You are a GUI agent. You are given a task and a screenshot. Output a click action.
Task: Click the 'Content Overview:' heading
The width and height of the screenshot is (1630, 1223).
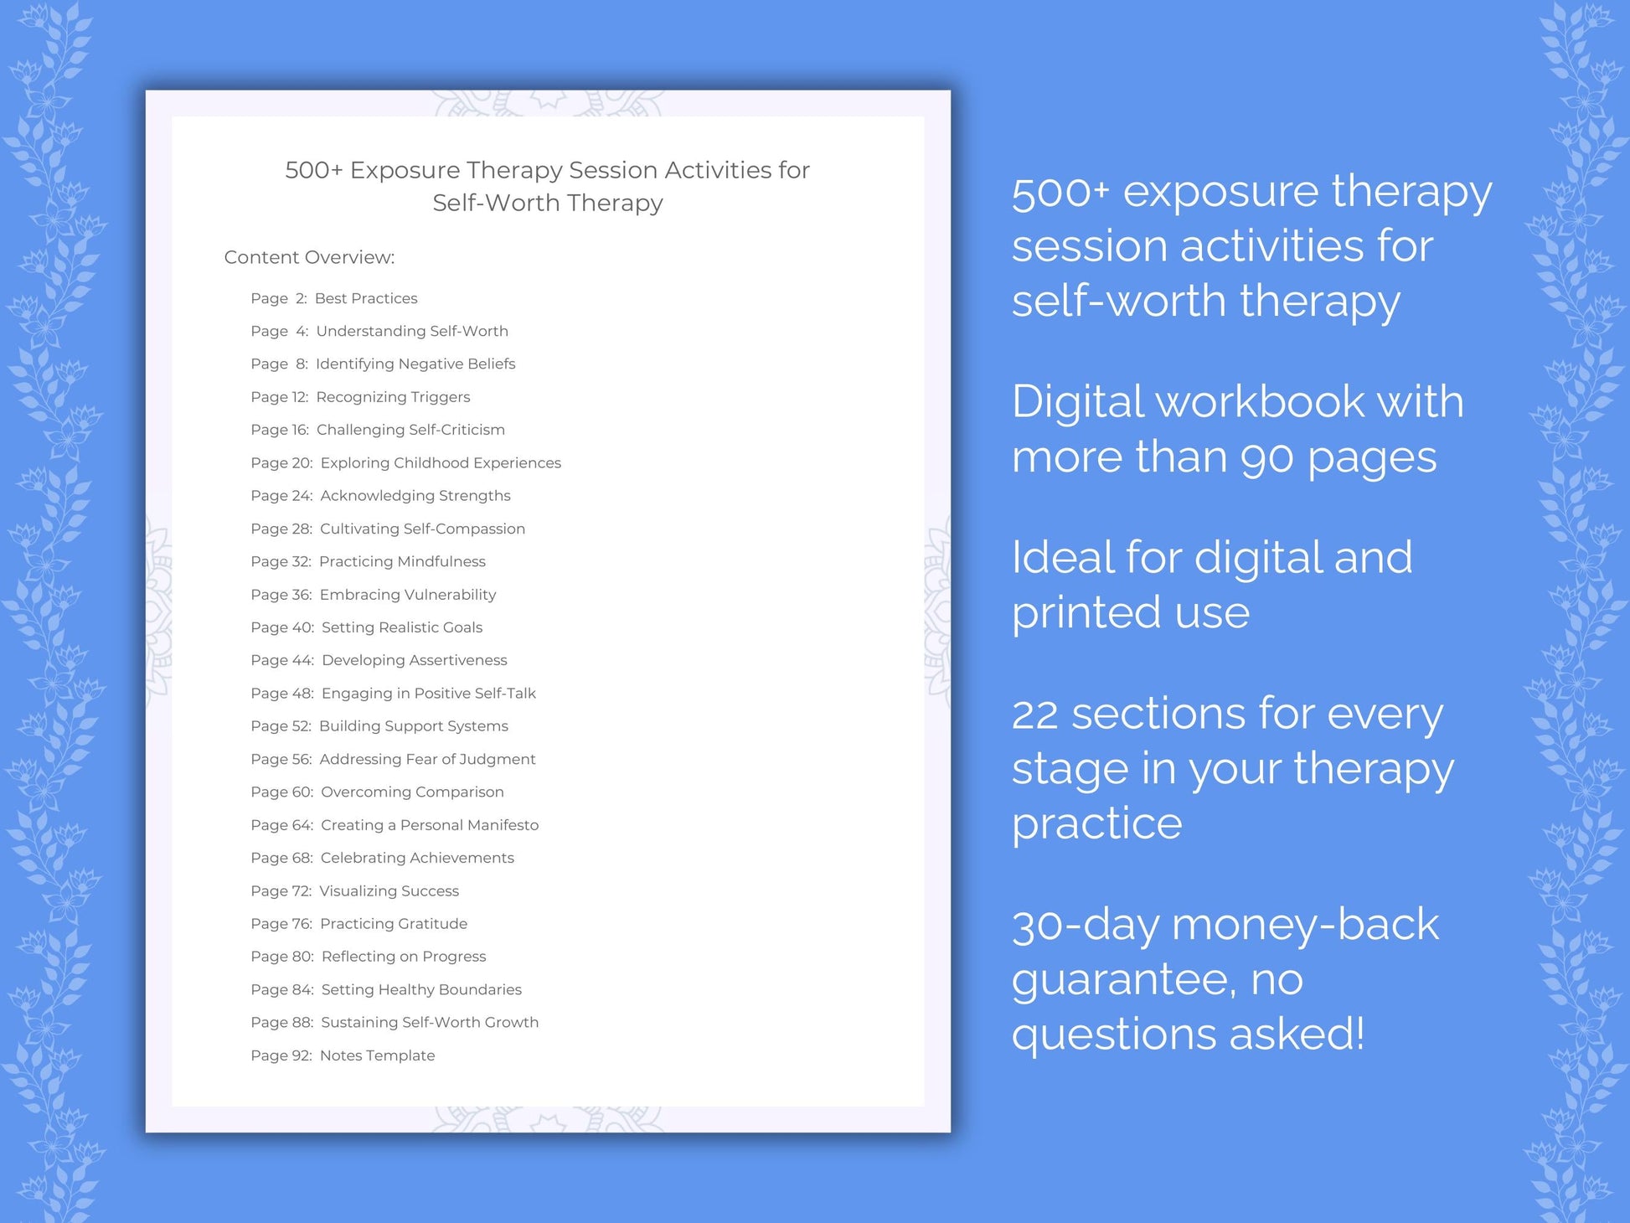click(309, 257)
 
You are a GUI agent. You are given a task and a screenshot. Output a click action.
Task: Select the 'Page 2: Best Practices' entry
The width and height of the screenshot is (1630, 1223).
click(333, 298)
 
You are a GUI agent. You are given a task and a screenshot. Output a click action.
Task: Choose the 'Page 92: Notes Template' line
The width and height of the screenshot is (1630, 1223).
click(343, 1055)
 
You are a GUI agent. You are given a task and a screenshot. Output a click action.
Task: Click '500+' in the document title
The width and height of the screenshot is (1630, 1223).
click(313, 170)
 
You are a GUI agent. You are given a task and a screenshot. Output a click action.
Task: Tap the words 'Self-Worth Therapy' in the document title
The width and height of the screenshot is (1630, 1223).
click(548, 203)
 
